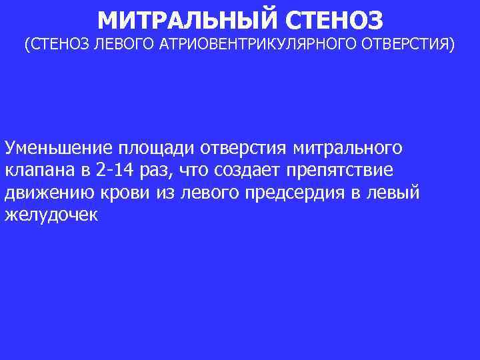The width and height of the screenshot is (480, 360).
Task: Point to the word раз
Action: pos(156,171)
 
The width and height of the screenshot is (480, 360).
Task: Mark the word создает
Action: pos(247,171)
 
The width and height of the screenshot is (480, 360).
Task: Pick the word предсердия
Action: pos(300,193)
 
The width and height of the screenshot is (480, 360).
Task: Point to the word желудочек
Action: pos(51,216)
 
